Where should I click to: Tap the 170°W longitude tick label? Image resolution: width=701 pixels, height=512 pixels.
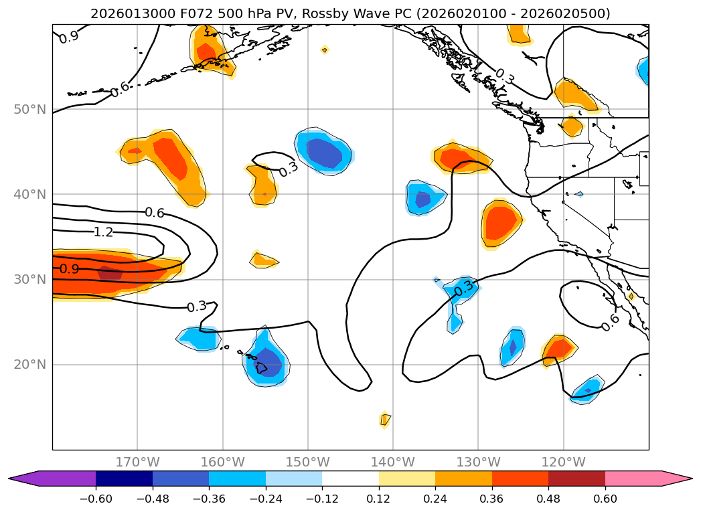coord(137,462)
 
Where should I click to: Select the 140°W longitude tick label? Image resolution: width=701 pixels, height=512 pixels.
coord(393,462)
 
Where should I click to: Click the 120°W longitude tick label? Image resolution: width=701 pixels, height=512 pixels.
coord(563,462)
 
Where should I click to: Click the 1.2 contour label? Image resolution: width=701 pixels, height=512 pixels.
coord(103,232)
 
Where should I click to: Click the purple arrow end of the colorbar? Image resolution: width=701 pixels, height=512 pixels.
coord(27,479)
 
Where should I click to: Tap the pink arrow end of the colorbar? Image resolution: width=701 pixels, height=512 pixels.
coord(676,479)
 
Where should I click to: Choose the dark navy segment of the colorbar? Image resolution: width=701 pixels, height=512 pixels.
coord(124,479)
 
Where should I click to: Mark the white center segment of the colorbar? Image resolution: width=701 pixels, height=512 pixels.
coord(350,479)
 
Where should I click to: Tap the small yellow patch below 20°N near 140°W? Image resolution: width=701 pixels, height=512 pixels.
coord(385,420)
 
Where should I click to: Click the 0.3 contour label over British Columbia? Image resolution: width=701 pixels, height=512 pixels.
coord(504,76)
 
